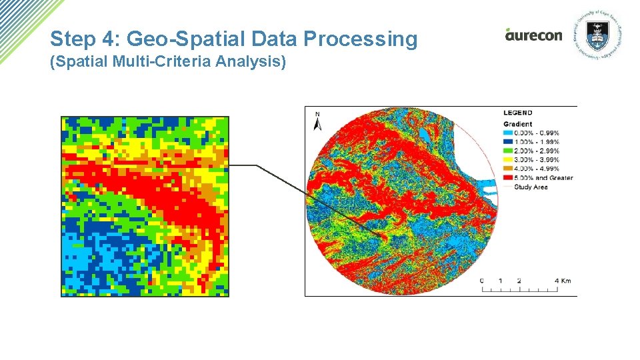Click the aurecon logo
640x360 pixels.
tap(533, 35)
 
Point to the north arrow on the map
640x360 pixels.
tap(318, 121)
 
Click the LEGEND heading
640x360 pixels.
tap(517, 113)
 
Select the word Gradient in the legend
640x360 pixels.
tap(517, 124)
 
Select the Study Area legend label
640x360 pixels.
tap(531, 187)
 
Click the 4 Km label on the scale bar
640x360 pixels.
tap(562, 281)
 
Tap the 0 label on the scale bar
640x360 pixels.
tap(482, 281)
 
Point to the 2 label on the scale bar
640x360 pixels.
tap(519, 281)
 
